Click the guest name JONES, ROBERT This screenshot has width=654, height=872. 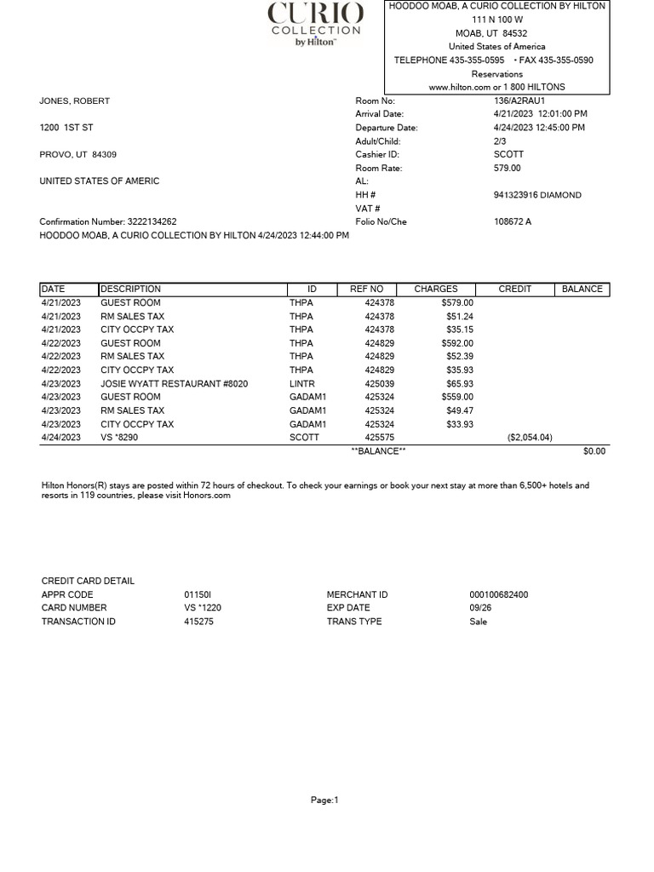(75, 100)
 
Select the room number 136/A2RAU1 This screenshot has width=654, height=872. (519, 100)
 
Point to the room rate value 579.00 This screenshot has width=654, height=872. (508, 169)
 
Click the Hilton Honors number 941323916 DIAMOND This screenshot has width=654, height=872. (537, 195)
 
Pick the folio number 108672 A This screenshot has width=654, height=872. (513, 222)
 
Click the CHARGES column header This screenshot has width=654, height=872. (436, 290)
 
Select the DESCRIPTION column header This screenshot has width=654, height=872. (130, 290)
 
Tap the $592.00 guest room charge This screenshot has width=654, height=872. (457, 343)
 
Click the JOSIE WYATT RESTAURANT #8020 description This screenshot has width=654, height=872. (175, 384)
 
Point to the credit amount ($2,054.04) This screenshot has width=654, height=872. (530, 438)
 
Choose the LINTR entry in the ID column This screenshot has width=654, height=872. (301, 384)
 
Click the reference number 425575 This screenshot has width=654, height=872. (380, 438)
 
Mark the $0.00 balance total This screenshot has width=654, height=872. (594, 451)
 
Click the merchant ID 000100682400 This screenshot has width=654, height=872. (499, 594)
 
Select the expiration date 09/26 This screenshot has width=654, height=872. (479, 608)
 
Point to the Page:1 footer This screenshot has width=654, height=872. (324, 800)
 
